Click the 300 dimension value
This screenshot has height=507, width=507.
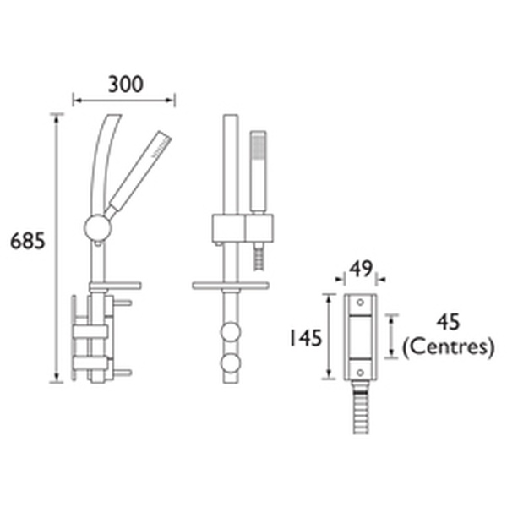point(125,84)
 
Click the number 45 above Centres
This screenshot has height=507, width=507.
point(449,322)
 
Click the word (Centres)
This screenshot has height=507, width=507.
point(448,346)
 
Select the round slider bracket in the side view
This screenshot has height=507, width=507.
point(98,227)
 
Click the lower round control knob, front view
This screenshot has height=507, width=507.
point(229,364)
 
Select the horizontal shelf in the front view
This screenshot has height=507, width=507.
point(231,286)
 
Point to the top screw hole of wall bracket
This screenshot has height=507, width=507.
point(359,301)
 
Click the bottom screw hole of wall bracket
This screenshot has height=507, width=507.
point(359,371)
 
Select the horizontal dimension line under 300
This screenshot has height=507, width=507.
point(124,101)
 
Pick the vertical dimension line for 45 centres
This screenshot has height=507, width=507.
point(391,335)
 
